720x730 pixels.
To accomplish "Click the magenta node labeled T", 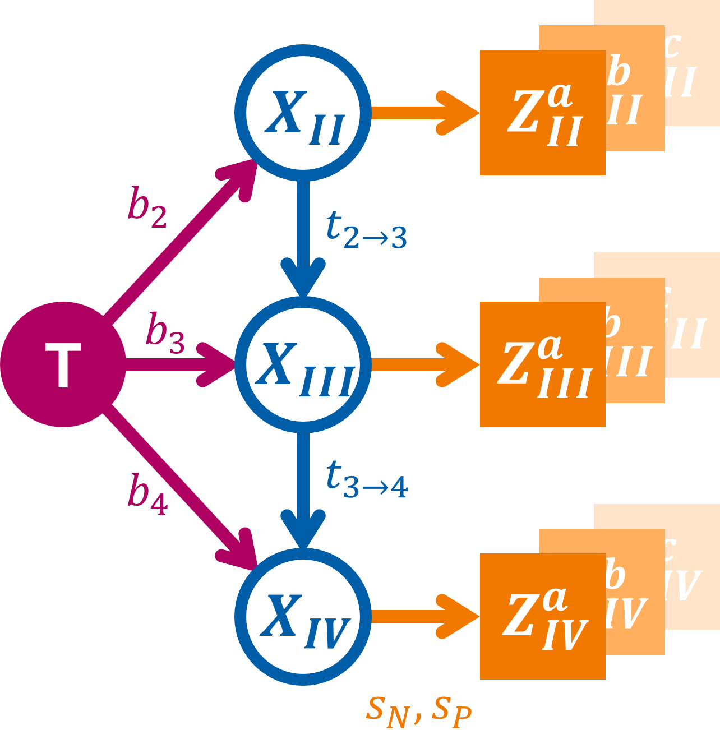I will tap(63, 364).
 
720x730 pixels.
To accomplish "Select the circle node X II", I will tap(303, 113).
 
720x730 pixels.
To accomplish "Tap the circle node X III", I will tap(303, 364).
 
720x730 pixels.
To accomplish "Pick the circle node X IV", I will tap(303, 617).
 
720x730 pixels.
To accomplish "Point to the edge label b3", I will tap(165, 333).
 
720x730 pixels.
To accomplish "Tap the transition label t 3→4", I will tap(366, 480).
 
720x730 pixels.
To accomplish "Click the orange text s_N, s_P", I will tap(418, 711).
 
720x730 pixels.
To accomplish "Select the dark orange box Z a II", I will tap(542, 113).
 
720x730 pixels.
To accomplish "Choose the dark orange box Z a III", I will tap(542, 364).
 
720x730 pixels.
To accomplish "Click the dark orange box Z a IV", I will tap(542, 617).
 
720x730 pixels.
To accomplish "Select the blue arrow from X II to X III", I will tap(303, 235).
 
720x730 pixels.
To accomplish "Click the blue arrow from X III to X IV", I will tap(303, 488).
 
